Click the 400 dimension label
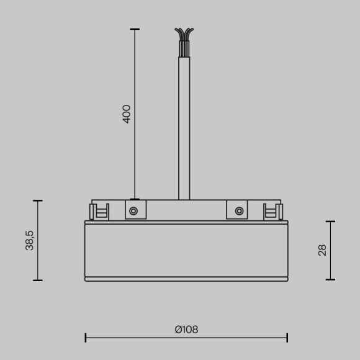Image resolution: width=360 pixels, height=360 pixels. (127, 114)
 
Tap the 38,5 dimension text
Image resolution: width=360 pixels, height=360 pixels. (30, 240)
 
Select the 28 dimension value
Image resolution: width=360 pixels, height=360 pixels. (322, 250)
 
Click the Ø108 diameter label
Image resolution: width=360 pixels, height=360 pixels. (186, 330)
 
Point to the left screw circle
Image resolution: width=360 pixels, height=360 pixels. (133, 211)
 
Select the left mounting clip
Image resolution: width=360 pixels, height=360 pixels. (100, 212)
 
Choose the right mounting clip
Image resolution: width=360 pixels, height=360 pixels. (272, 212)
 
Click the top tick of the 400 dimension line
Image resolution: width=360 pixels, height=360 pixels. (135, 29)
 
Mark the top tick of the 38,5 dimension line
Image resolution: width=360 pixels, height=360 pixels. (38, 200)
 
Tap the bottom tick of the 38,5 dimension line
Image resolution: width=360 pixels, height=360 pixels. (38, 280)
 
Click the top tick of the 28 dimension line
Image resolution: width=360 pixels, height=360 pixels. (330, 221)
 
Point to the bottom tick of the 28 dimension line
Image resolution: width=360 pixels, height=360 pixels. (330, 280)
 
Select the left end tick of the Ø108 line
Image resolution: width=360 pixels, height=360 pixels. (86, 338)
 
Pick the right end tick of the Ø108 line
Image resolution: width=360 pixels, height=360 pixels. (287, 338)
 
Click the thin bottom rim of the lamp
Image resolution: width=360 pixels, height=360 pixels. (186, 279)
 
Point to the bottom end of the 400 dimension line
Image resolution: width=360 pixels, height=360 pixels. (135, 199)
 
